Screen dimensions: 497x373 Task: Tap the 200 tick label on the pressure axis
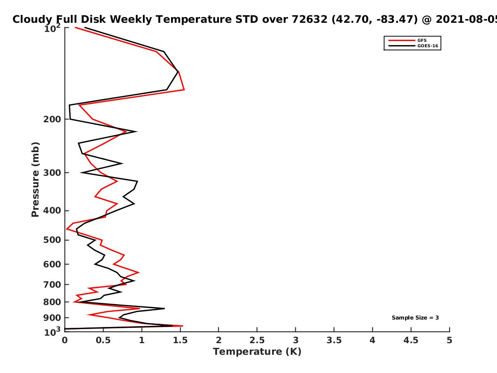(52, 119)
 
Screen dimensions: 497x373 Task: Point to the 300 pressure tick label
(52, 173)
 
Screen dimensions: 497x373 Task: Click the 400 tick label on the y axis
(52, 211)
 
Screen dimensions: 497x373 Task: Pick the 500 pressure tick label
(52, 240)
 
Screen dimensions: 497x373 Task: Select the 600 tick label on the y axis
(52, 264)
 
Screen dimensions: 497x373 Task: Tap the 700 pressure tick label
(52, 285)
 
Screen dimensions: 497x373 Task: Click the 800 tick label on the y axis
(52, 302)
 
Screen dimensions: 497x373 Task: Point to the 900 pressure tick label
(52, 318)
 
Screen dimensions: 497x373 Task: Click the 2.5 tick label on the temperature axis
(257, 340)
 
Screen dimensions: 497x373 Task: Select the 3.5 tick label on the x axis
(334, 340)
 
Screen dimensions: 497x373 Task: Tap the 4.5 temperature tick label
(411, 340)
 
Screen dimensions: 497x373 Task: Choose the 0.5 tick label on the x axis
(103, 340)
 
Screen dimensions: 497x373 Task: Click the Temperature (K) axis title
(257, 352)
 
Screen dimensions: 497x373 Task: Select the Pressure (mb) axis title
(35, 179)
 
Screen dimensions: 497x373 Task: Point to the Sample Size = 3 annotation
(415, 318)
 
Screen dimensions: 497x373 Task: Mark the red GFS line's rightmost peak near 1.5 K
(184, 90)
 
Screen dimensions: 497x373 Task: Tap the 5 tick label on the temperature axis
(449, 340)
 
